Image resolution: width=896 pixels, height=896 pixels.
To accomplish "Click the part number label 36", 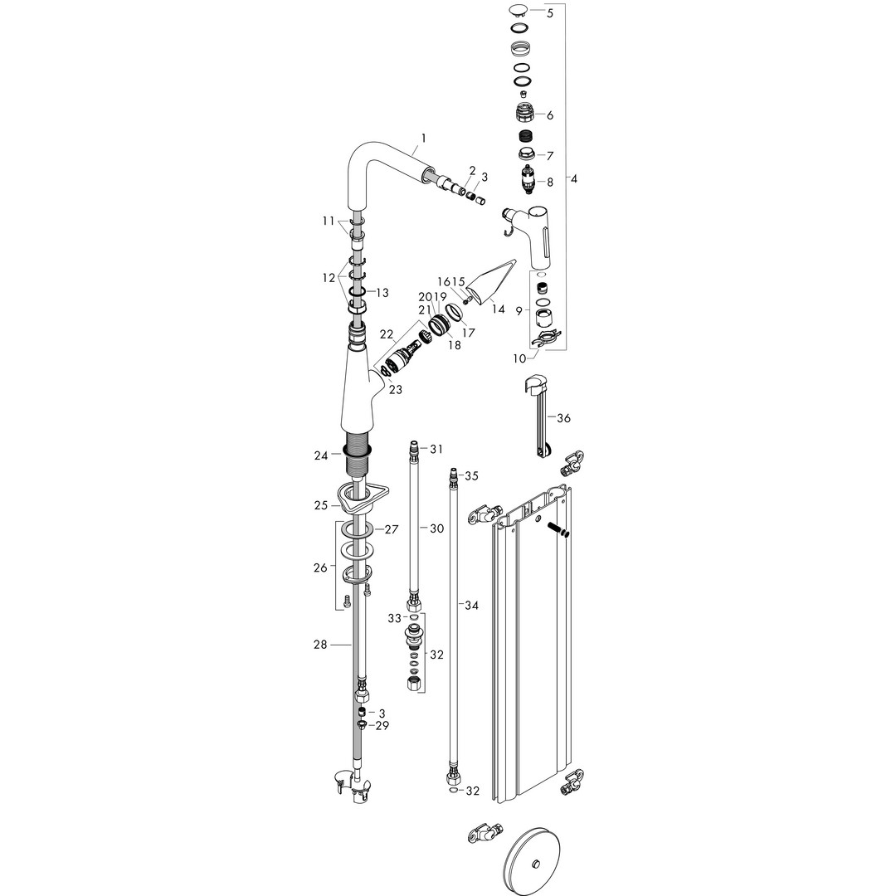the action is [563, 418].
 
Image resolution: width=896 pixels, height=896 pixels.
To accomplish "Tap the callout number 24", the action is [321, 455].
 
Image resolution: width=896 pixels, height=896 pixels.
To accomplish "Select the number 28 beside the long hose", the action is [320, 645].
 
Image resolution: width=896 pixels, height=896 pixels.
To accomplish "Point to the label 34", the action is [471, 605].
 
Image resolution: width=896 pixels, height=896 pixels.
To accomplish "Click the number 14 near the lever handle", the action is [499, 309].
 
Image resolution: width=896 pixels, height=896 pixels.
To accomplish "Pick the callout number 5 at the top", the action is [550, 13].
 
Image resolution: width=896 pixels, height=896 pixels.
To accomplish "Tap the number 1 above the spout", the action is [423, 138].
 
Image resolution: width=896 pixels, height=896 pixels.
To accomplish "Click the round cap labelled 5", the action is [519, 10].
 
